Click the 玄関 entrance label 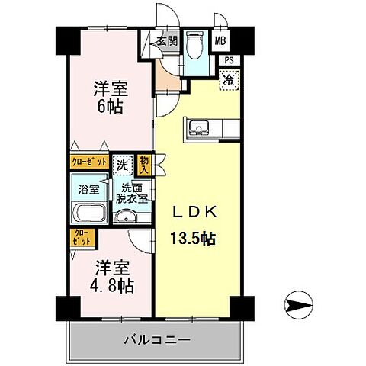[167, 41]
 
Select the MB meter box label [220, 41]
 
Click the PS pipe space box [228, 59]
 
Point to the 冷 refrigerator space [227, 77]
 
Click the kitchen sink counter [200, 127]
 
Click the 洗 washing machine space [123, 163]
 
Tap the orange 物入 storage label [143, 165]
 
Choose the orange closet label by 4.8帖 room [82, 237]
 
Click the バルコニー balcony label [159, 339]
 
